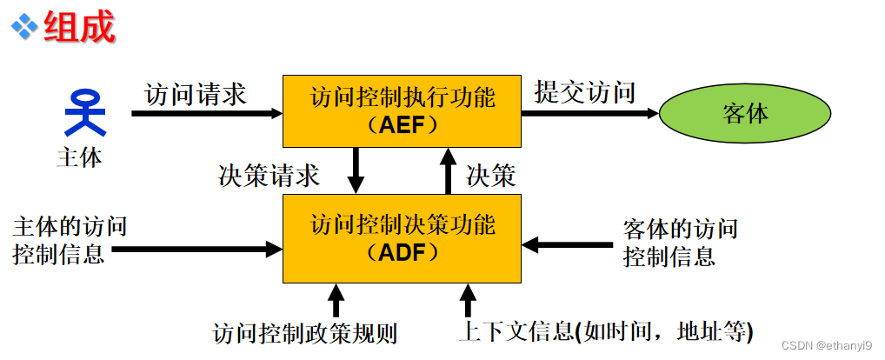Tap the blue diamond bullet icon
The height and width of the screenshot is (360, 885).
pyautogui.click(x=24, y=26)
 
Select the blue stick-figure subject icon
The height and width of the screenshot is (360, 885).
pyautogui.click(x=85, y=113)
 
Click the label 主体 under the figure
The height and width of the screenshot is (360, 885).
pyautogui.click(x=79, y=157)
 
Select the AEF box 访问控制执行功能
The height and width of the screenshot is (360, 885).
pyautogui.click(x=403, y=110)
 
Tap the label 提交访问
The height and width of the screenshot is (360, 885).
pyautogui.click(x=585, y=91)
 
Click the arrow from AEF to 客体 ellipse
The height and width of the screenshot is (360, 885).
pyautogui.click(x=590, y=112)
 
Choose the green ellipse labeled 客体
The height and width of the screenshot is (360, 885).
pyautogui.click(x=745, y=113)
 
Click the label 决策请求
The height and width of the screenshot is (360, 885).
pyautogui.click(x=269, y=176)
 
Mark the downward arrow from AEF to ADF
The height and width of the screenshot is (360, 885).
pyautogui.click(x=356, y=170)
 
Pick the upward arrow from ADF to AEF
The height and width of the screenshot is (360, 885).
pyautogui.click(x=448, y=170)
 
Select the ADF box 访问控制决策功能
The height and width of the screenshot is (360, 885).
pyautogui.click(x=403, y=238)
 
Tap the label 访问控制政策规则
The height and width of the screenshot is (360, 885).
pyautogui.click(x=305, y=332)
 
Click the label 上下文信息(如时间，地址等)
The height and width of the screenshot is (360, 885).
pyautogui.click(x=605, y=331)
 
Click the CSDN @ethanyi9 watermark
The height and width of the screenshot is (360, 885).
pyautogui.click(x=827, y=345)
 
